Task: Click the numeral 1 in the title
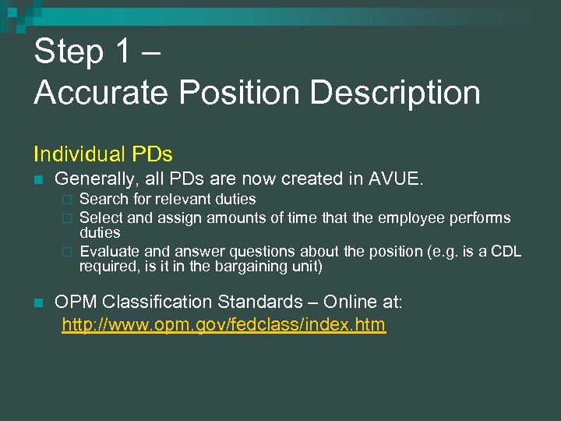pos(124,52)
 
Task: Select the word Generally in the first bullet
pos(93,179)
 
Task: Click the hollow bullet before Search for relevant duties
pos(67,200)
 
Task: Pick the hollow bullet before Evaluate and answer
pos(67,252)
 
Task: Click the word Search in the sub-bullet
pos(103,200)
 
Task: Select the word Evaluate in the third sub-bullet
pos(109,251)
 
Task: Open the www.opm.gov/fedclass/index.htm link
pos(224,324)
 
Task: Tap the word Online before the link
pos(350,302)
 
